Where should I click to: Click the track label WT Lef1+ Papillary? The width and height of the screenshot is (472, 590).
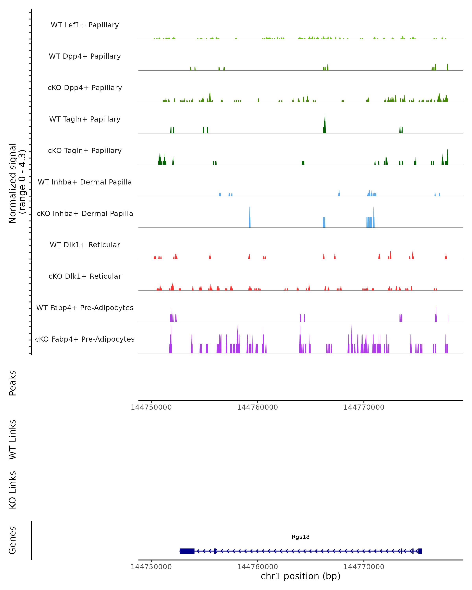(85, 25)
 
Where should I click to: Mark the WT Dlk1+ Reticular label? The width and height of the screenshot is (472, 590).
(85, 245)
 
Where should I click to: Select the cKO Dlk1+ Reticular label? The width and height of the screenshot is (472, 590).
(85, 276)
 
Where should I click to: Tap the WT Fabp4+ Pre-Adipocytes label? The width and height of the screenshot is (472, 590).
(85, 308)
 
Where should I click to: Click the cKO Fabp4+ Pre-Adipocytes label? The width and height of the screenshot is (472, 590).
(85, 339)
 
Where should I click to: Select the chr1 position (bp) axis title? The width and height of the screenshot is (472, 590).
(301, 576)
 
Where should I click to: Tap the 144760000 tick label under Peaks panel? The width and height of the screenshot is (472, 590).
(257, 407)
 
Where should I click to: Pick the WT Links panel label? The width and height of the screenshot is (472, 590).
(13, 440)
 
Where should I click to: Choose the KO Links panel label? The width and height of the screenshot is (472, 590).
(13, 490)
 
